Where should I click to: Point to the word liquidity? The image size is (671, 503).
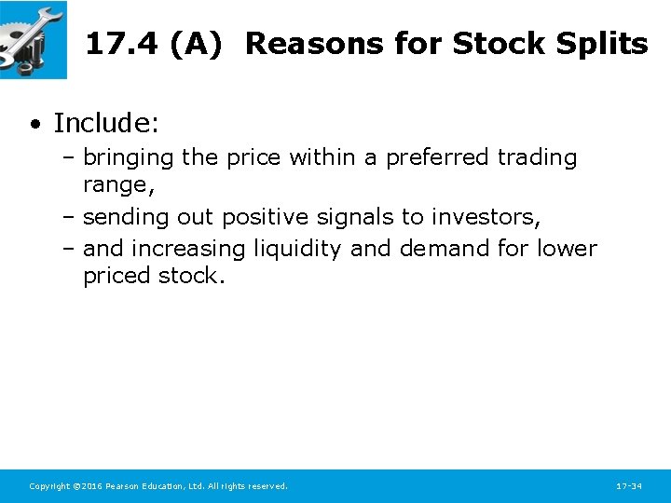297,249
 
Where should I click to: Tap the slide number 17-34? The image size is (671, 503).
629,486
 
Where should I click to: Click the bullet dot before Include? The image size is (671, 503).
34,124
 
